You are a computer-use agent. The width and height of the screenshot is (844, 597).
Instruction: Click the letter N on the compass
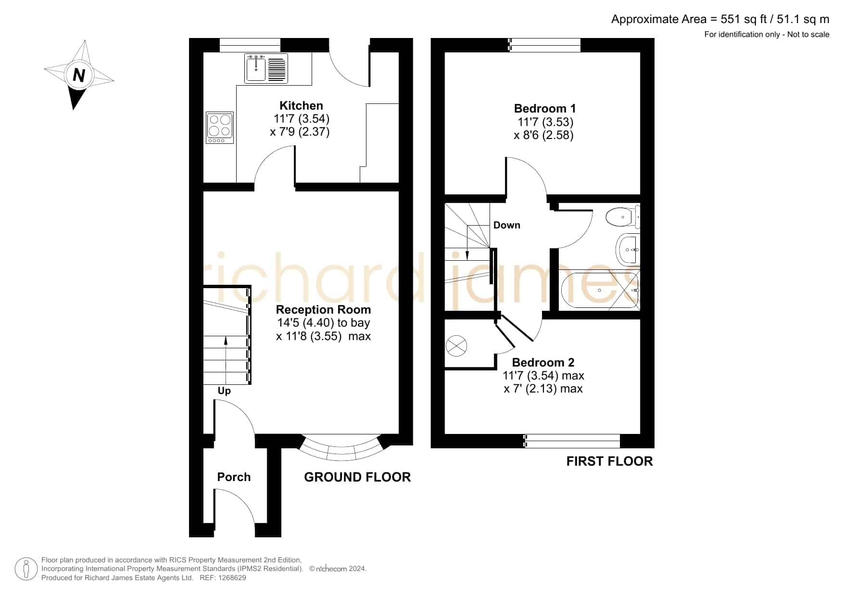tap(79, 76)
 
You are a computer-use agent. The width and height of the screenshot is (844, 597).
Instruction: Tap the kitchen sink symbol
tap(266, 68)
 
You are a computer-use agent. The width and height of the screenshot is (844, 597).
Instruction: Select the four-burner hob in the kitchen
tap(220, 127)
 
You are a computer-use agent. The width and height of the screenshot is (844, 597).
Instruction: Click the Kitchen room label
tap(301, 105)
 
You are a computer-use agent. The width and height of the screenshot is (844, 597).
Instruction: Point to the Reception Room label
tap(323, 309)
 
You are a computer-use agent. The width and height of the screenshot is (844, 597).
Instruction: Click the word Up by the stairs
tap(224, 391)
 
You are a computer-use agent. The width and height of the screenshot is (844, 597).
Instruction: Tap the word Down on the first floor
tap(507, 225)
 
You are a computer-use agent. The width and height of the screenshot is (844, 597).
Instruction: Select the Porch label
tap(234, 477)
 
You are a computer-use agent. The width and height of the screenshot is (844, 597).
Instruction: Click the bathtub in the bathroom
tap(600, 290)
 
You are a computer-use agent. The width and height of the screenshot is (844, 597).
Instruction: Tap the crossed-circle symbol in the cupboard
tap(456, 345)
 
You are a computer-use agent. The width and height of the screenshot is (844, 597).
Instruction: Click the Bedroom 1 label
tap(544, 109)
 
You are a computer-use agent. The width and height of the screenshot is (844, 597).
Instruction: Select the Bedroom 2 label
tap(543, 362)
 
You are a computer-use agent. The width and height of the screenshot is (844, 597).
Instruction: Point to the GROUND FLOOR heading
tap(357, 477)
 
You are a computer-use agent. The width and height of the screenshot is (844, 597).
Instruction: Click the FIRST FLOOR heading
tap(609, 461)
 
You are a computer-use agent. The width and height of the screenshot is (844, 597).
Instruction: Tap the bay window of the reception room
tap(341, 449)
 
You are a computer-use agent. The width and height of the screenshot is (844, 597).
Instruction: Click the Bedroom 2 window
tap(572, 441)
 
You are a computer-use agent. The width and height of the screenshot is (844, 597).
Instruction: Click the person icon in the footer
tap(26, 569)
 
